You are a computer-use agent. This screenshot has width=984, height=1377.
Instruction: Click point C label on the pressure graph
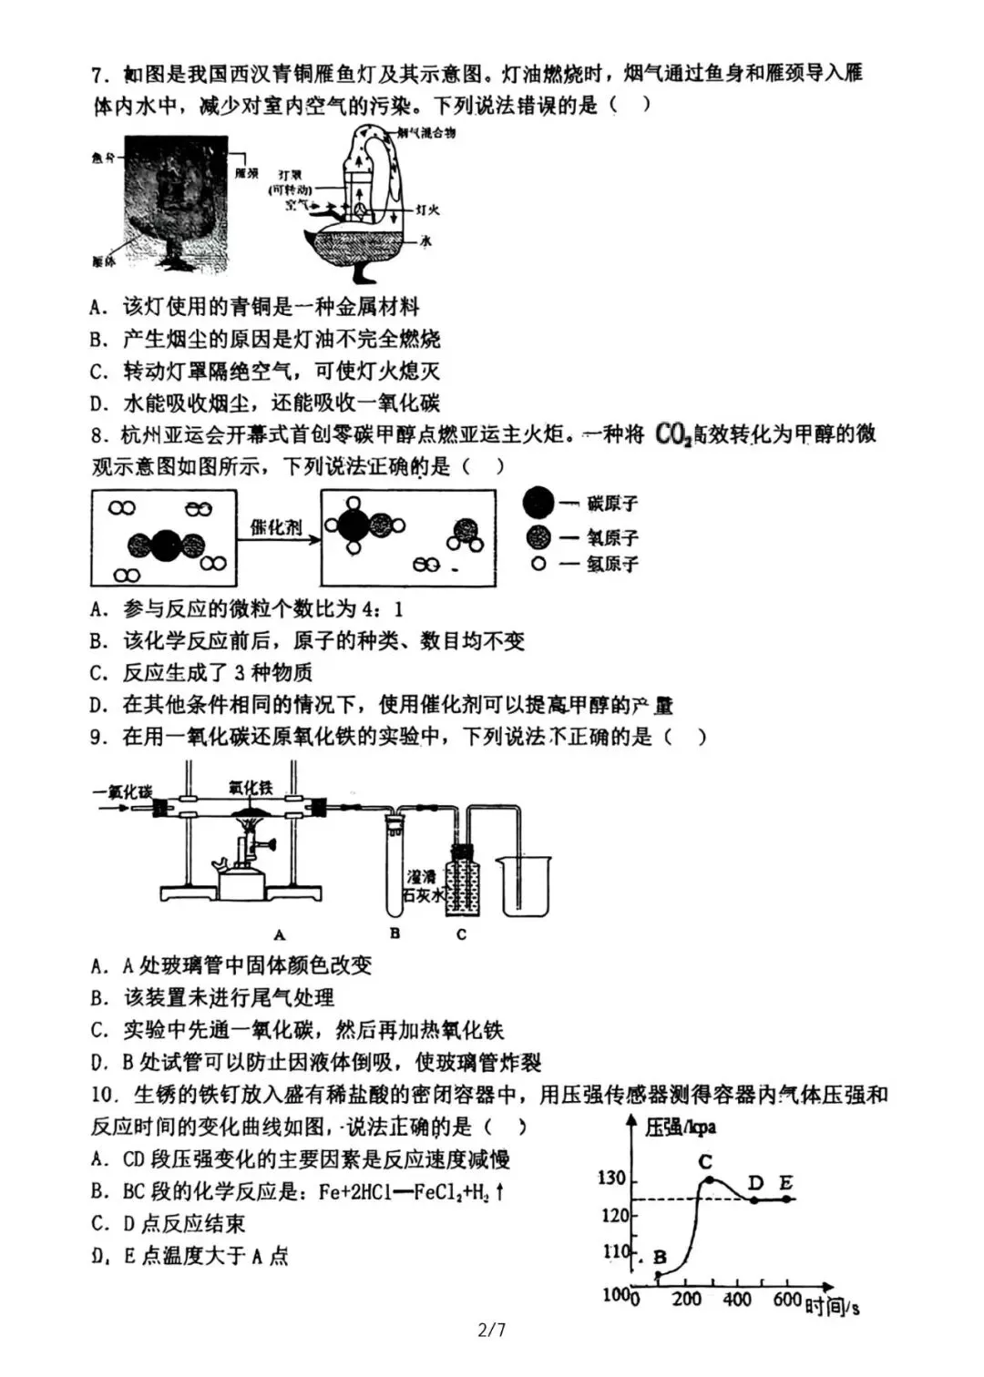(x=704, y=1162)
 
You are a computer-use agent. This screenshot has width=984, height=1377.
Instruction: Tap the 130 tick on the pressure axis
(x=611, y=1178)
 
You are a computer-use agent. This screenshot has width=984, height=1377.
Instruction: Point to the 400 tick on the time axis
(x=736, y=1299)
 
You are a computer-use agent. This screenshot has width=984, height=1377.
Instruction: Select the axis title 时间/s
(x=831, y=1308)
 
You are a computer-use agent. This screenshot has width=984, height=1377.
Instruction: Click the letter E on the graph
(x=785, y=1183)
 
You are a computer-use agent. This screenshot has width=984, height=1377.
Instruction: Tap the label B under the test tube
(x=395, y=933)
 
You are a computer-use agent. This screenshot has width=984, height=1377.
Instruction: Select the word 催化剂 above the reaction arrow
(x=275, y=527)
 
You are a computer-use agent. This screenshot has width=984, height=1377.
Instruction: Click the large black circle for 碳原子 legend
(x=538, y=503)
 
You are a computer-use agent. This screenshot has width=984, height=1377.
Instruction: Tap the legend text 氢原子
(x=612, y=565)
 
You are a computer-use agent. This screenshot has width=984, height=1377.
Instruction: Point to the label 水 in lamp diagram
(x=425, y=241)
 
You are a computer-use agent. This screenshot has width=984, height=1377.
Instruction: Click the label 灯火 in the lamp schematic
(x=426, y=209)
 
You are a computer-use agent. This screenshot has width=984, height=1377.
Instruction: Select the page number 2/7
(x=491, y=1330)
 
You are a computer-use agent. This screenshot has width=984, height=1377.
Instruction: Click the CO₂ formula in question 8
(x=673, y=434)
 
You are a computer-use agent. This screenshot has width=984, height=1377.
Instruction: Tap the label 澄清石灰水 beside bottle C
(x=421, y=886)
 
